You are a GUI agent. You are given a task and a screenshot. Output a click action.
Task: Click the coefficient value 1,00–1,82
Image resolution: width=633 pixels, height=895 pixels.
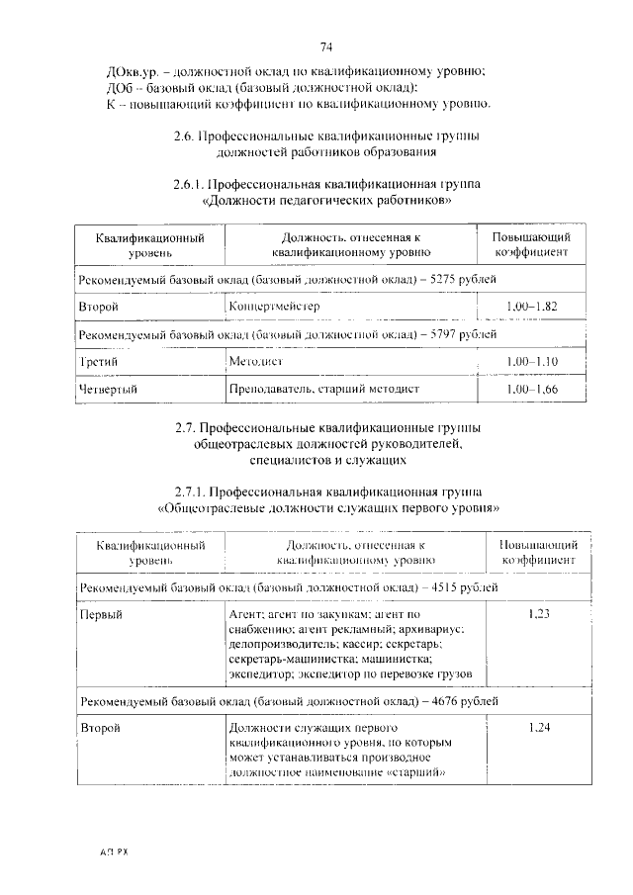click(531, 307)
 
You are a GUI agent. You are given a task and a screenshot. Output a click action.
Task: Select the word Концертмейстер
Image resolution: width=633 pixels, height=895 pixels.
click(274, 307)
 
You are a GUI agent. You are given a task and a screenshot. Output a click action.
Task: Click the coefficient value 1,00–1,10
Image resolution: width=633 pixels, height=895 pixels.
click(531, 363)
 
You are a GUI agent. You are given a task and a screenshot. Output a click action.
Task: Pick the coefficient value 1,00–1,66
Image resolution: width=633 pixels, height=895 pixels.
click(531, 391)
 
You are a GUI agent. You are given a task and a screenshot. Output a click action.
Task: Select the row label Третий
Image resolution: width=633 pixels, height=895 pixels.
click(98, 363)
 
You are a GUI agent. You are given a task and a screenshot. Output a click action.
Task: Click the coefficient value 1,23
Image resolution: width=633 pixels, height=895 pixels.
click(539, 614)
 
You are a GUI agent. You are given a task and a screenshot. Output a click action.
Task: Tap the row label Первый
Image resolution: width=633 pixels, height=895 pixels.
click(100, 614)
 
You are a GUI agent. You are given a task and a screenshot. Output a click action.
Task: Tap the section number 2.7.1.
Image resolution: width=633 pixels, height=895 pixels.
click(192, 492)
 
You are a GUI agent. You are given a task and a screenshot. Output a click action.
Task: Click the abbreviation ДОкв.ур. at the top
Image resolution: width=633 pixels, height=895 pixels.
click(130, 69)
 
